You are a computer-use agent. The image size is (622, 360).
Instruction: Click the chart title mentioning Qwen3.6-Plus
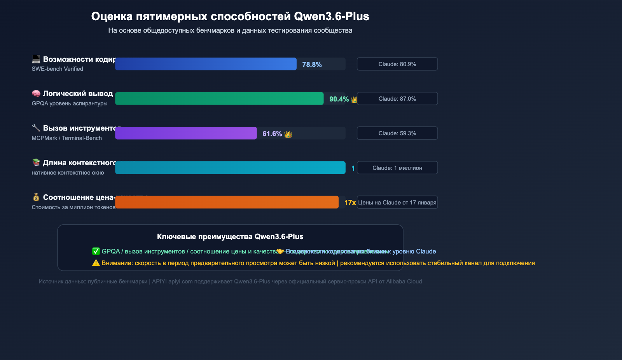click(x=230, y=16)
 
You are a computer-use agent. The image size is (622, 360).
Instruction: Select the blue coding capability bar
click(x=206, y=64)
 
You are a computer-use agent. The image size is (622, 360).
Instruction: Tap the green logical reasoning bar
click(x=219, y=99)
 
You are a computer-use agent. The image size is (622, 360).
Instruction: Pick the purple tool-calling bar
click(x=186, y=133)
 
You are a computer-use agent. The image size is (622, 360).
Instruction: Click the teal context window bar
click(x=230, y=168)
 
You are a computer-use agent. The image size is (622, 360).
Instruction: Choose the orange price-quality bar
click(x=227, y=203)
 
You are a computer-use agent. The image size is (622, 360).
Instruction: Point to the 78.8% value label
click(x=312, y=65)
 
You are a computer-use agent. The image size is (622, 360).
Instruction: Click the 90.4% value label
click(x=339, y=99)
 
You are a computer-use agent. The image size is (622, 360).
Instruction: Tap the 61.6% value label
click(x=272, y=134)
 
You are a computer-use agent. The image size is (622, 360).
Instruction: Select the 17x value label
click(x=349, y=203)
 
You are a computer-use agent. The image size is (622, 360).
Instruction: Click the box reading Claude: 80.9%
click(x=397, y=64)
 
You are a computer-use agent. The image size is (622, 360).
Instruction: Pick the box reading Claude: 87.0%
click(x=397, y=99)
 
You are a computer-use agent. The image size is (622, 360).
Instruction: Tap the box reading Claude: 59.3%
click(x=397, y=133)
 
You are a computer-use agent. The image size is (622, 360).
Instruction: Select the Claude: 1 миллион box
click(x=397, y=168)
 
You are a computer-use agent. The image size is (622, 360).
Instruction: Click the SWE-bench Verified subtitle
click(x=57, y=69)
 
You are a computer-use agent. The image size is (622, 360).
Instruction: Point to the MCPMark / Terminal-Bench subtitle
click(x=66, y=138)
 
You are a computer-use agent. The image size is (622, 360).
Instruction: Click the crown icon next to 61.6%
click(x=288, y=134)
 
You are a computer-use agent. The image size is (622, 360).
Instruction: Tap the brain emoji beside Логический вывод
click(x=36, y=94)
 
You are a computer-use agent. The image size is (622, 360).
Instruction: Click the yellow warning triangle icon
click(x=96, y=263)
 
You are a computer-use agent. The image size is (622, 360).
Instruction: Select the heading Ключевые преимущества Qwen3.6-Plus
click(x=230, y=237)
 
